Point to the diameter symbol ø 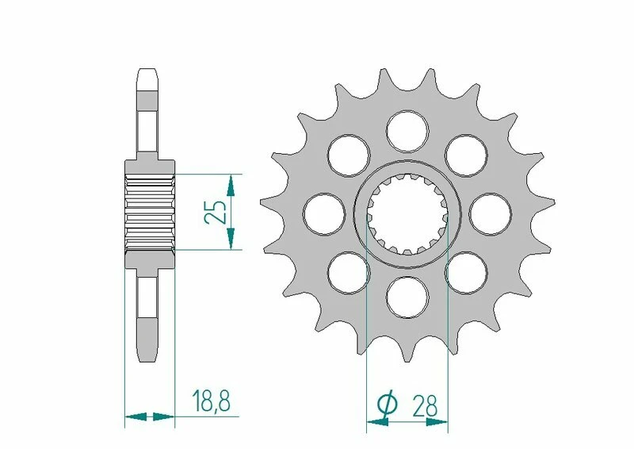pos(388,405)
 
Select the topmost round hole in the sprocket pos(407,129)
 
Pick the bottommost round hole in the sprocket pos(407,297)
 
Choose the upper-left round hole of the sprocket pos(349,153)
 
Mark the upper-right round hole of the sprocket pos(466,153)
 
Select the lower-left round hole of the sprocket pos(349,272)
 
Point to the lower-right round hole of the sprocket pos(466,272)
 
